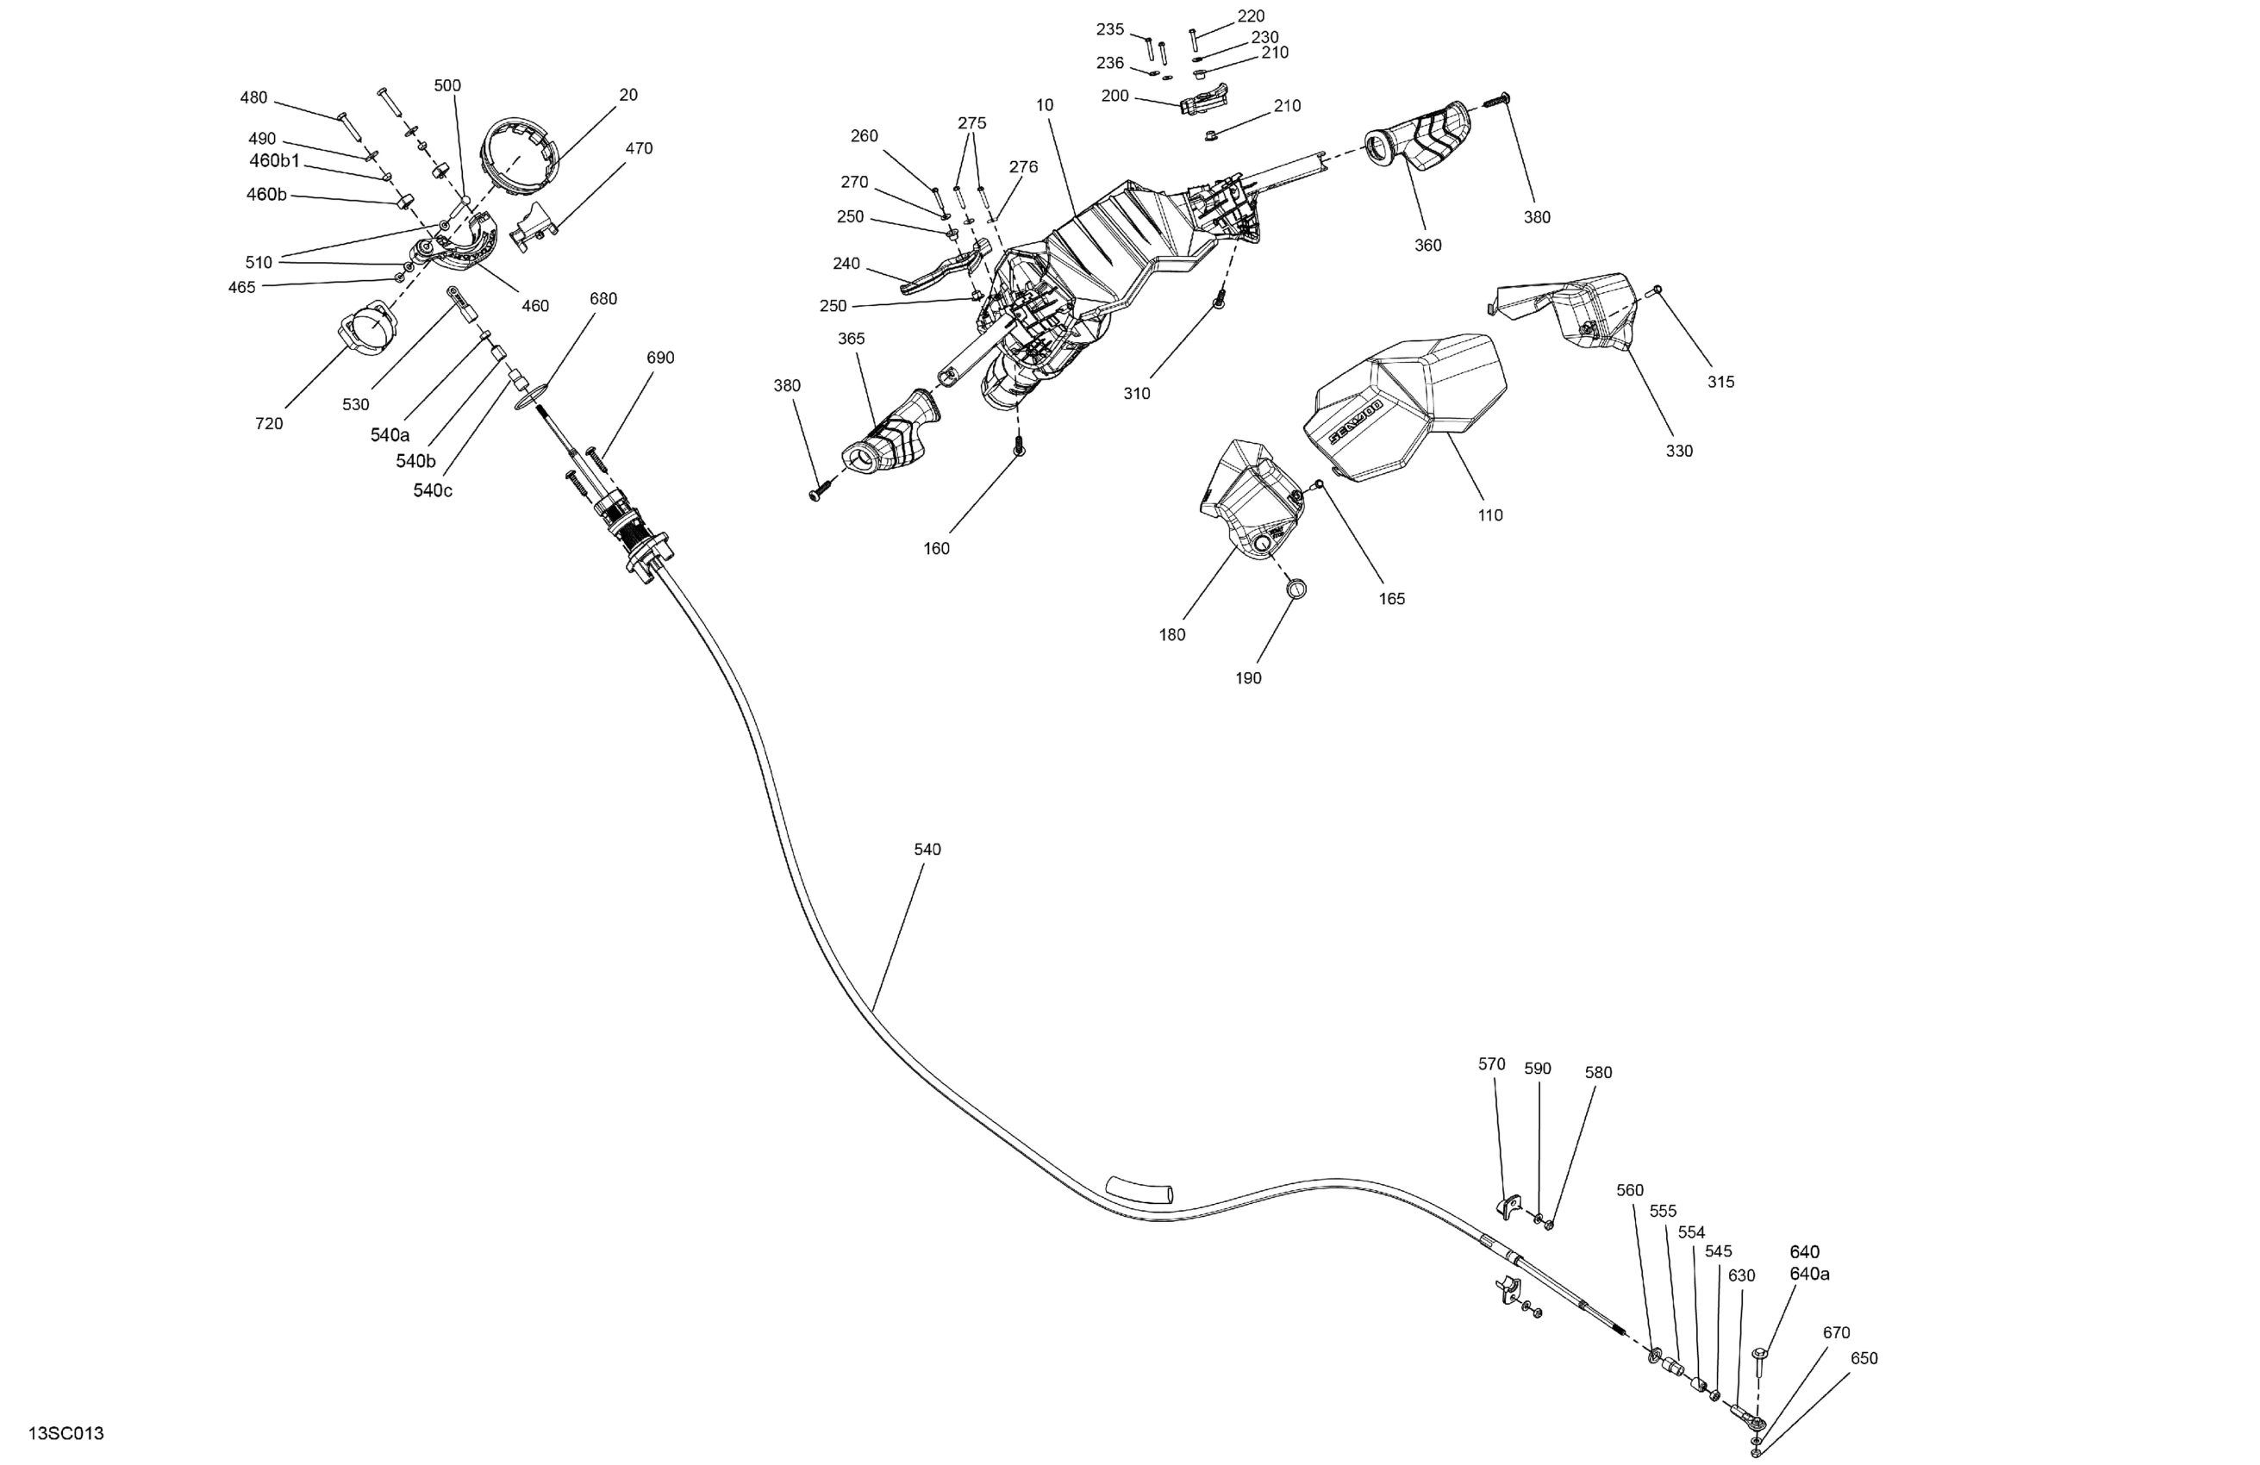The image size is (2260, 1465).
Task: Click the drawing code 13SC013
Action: [x=66, y=1434]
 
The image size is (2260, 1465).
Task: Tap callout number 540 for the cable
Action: [x=927, y=850]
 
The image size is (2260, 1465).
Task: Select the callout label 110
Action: [x=1490, y=515]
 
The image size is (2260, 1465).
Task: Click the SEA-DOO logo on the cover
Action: [x=1354, y=421]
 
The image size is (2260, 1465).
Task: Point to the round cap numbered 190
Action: [x=1297, y=589]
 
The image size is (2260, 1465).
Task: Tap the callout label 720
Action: [x=269, y=424]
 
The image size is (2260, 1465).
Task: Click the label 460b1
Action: [x=274, y=161]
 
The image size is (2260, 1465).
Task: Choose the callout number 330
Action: [x=1679, y=451]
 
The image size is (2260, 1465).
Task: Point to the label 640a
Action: [x=1809, y=1275]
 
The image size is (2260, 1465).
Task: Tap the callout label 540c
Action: [x=432, y=491]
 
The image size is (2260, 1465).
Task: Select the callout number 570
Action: [x=1491, y=1064]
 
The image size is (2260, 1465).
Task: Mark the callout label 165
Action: [x=1391, y=599]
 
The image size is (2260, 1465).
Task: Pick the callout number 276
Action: [x=1023, y=167]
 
